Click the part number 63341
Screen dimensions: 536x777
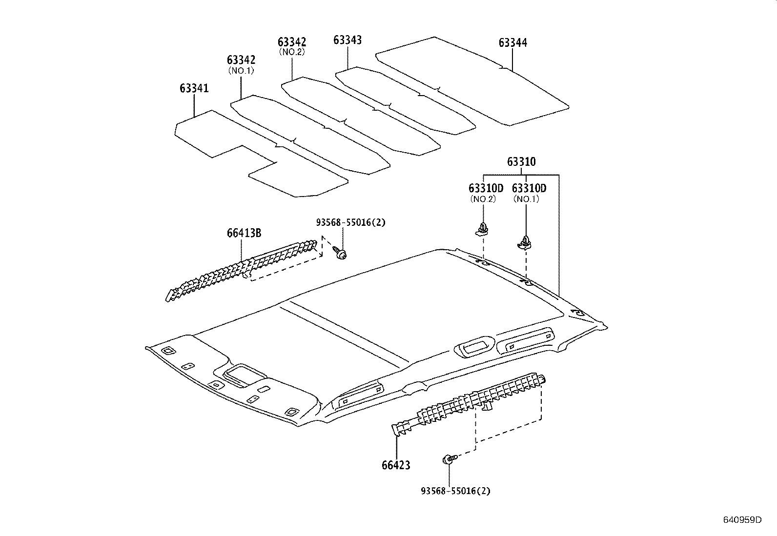pyautogui.click(x=194, y=88)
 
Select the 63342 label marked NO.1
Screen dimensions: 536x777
pyautogui.click(x=241, y=60)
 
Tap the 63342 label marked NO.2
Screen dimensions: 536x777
pyautogui.click(x=292, y=42)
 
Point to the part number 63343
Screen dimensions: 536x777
pyautogui.click(x=348, y=40)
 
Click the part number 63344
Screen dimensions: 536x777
pyautogui.click(x=512, y=43)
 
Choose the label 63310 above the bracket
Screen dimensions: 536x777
pyautogui.click(x=521, y=162)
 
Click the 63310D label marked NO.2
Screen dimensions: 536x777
pyautogui.click(x=486, y=188)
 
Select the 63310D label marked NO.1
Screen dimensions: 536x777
pyautogui.click(x=529, y=188)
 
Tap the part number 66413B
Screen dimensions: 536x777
pyautogui.click(x=244, y=233)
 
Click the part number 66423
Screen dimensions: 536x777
pyautogui.click(x=396, y=465)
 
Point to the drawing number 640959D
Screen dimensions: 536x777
pyautogui.click(x=742, y=519)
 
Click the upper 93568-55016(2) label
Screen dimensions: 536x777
pyautogui.click(x=350, y=222)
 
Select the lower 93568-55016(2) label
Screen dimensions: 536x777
pyautogui.click(x=455, y=491)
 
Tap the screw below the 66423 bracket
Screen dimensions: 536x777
pyautogui.click(x=449, y=459)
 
